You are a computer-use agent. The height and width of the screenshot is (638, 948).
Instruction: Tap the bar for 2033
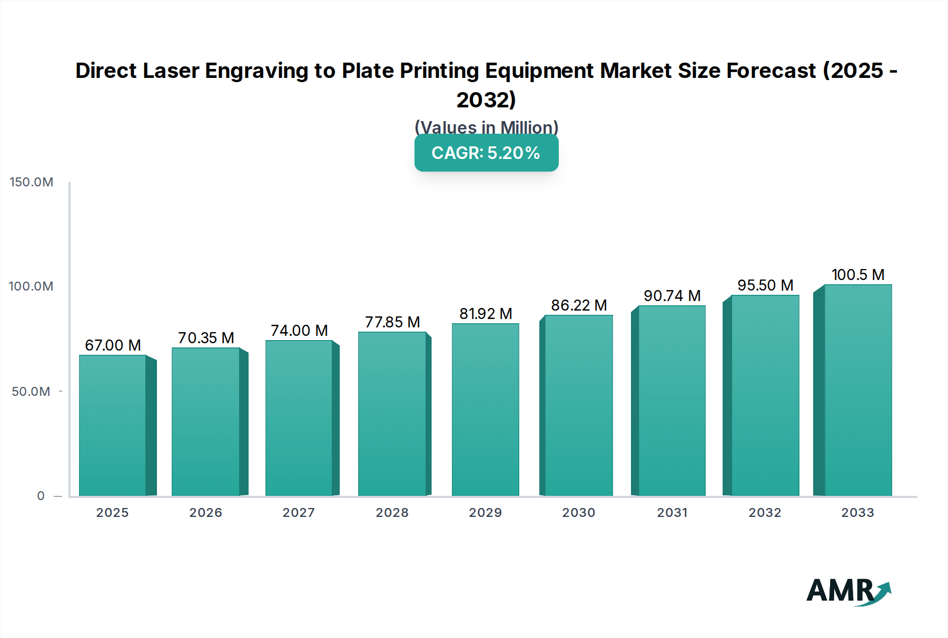(858, 390)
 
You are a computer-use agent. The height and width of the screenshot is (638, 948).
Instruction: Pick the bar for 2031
(671, 401)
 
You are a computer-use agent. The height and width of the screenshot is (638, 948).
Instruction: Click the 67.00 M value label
(113, 345)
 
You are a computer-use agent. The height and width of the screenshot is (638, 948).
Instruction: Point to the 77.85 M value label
(392, 322)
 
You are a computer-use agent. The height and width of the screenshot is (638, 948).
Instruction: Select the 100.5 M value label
(858, 275)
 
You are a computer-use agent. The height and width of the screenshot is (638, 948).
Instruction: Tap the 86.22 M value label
(579, 305)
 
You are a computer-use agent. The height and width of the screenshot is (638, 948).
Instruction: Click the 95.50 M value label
(765, 285)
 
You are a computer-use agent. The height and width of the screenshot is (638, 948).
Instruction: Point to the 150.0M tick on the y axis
(32, 182)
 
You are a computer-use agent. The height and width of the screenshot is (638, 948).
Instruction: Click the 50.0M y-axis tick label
(31, 392)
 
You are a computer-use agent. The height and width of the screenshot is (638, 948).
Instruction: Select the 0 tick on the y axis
(41, 496)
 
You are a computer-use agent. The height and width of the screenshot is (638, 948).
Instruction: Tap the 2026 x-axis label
(205, 513)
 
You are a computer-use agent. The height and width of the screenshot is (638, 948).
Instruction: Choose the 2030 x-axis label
(578, 513)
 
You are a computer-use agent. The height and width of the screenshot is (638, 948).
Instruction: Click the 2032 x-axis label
(765, 513)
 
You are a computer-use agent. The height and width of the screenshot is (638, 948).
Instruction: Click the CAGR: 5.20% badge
(486, 153)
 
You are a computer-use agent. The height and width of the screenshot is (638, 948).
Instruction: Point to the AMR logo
(848, 591)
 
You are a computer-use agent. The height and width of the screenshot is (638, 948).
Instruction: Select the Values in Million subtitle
(486, 127)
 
